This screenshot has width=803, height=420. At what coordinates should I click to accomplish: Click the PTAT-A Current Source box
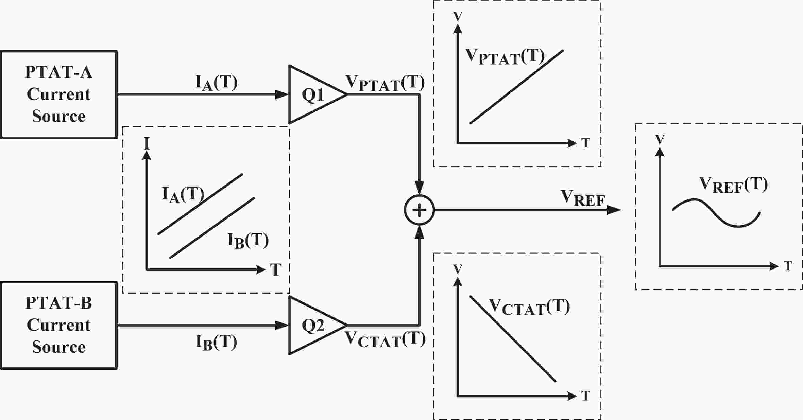[58, 94]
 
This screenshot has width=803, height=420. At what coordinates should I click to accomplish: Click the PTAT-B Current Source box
[58, 325]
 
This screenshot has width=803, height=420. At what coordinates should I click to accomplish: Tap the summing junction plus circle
[419, 210]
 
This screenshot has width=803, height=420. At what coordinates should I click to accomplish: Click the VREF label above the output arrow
[583, 198]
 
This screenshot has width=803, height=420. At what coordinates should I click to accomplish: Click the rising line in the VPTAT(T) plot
[516, 87]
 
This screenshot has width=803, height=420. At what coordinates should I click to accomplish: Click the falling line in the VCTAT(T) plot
[513, 339]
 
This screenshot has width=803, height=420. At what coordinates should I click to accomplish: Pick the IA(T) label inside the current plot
[183, 195]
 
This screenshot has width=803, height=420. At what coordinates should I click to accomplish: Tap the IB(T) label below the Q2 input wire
[216, 342]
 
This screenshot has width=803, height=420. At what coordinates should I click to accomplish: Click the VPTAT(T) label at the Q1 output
[385, 83]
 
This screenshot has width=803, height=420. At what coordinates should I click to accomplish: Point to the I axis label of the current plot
[147, 143]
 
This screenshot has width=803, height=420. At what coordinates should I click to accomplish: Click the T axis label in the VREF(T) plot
[788, 266]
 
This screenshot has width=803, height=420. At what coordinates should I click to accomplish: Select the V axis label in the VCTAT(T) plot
[458, 269]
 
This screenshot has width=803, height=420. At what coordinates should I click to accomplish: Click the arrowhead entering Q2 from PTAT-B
[282, 326]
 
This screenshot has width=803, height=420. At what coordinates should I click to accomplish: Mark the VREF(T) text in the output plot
[733, 185]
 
